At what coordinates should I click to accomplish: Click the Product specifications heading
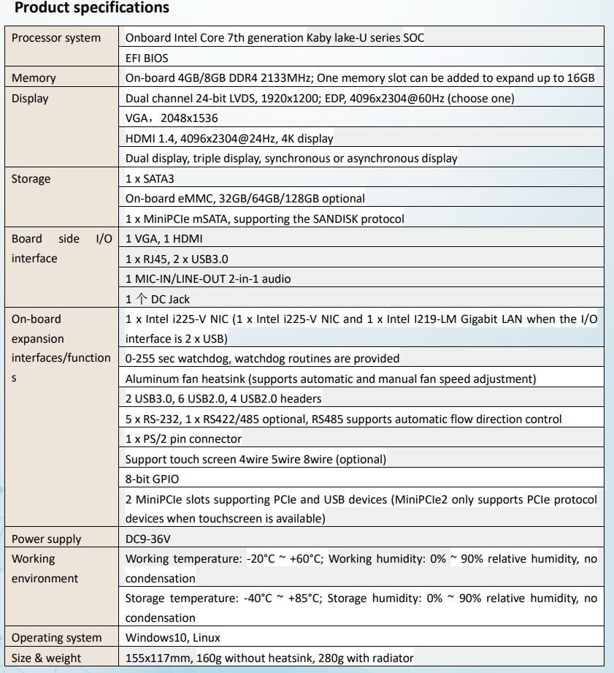[92, 9]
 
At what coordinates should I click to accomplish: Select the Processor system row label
[56, 38]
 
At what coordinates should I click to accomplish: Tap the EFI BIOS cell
[147, 58]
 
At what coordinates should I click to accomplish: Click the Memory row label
[34, 78]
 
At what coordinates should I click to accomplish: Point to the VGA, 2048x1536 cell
[172, 118]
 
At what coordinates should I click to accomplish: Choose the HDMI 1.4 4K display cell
[229, 138]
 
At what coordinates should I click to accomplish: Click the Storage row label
[31, 178]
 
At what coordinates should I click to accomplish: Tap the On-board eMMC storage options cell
[245, 198]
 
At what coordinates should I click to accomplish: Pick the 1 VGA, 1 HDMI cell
[164, 238]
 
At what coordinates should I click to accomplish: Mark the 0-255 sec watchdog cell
[263, 359]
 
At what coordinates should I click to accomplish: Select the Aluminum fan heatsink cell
[331, 379]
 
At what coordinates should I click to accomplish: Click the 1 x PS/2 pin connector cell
[183, 439]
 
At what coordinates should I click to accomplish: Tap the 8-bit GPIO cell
[152, 479]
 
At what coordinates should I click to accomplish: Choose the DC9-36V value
[150, 539]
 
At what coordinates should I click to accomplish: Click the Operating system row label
[57, 638]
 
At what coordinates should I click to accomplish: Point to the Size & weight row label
[47, 658]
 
